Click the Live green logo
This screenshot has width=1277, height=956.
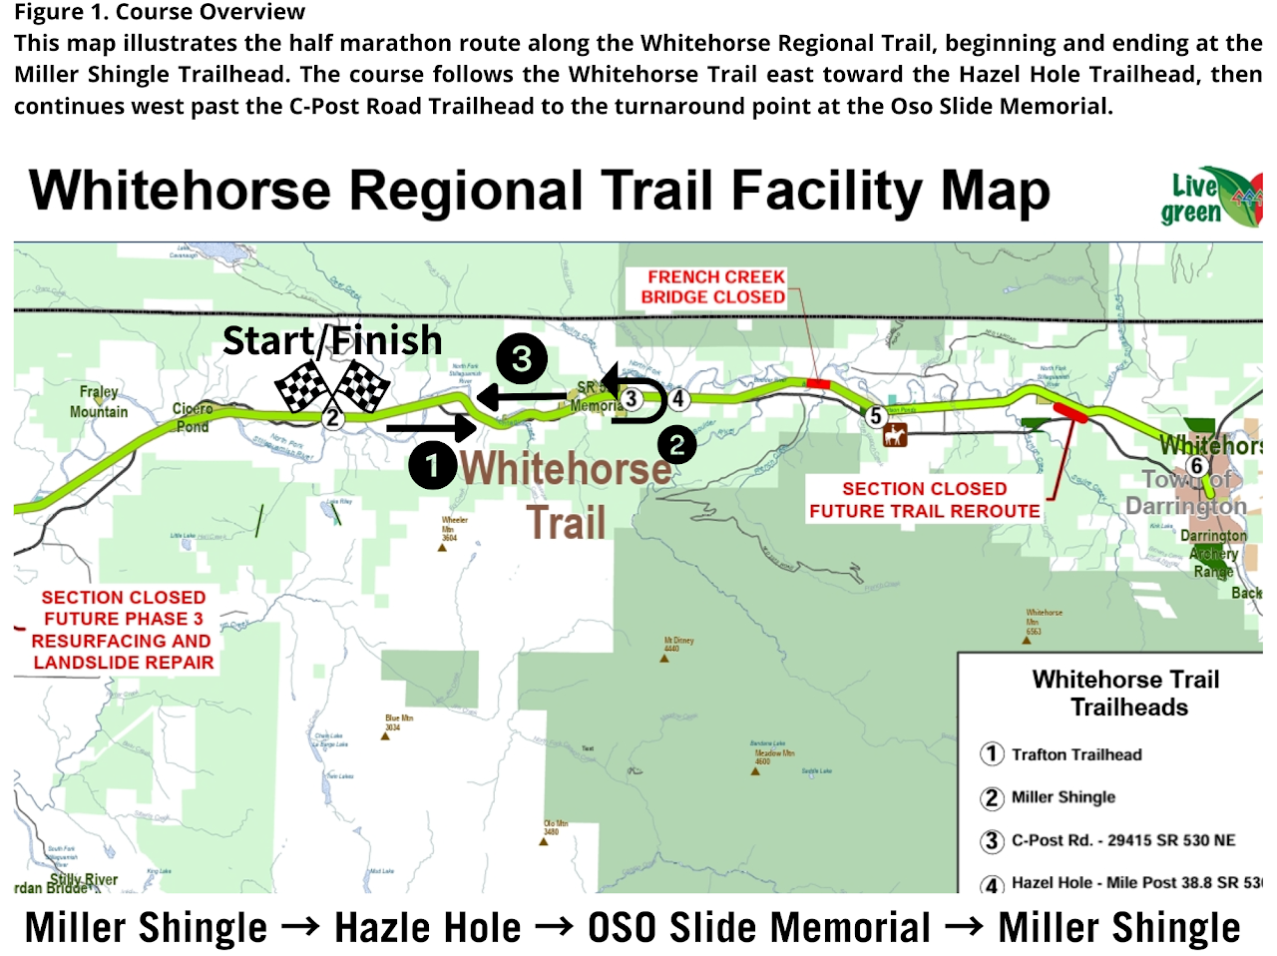point(1209,198)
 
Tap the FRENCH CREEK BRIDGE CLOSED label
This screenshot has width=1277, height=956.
point(713,287)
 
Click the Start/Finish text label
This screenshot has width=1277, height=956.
point(332,341)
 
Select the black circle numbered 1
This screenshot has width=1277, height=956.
point(433,465)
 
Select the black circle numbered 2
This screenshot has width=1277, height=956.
point(676,444)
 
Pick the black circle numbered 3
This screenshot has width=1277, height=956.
point(522,358)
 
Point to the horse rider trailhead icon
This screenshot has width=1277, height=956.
point(895,436)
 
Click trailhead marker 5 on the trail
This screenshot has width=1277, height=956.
point(875,415)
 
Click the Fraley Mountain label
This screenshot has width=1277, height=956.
point(99,401)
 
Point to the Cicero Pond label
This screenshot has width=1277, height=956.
point(192,417)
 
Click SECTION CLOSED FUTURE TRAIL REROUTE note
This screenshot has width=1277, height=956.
point(924,500)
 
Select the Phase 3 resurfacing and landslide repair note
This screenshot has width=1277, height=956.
point(123,630)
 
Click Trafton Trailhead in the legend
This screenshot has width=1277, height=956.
point(1075,754)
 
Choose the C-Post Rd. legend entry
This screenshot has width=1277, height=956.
point(1122,840)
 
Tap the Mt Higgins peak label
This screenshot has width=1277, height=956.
point(678,644)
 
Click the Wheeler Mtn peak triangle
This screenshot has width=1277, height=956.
point(443,547)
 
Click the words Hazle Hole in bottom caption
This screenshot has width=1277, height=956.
point(427,928)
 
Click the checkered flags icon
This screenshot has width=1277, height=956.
point(332,387)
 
